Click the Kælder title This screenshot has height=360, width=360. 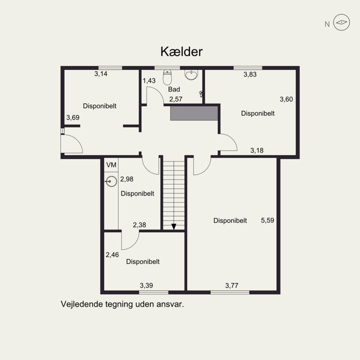click(x=181, y=52)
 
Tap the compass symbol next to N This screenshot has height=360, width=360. click(x=342, y=22)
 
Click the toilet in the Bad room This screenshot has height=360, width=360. click(x=167, y=77)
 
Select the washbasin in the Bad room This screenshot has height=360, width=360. click(x=191, y=75)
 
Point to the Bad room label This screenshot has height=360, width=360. click(x=174, y=89)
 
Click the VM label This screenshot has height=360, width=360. click(x=111, y=165)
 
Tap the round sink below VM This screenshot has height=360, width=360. click(x=111, y=181)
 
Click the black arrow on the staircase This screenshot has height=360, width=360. click(x=174, y=226)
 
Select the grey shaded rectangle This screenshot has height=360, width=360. click(x=194, y=113)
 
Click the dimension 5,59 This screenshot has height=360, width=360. click(x=267, y=220)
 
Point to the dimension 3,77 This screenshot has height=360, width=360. click(x=232, y=286)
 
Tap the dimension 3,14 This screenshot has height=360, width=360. click(x=101, y=74)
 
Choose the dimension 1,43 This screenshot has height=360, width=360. click(x=149, y=81)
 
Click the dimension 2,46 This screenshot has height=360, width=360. click(x=112, y=255)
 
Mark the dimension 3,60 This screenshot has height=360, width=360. click(x=286, y=99)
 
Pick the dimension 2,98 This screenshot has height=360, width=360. click(x=127, y=179)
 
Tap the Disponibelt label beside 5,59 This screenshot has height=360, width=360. click(x=230, y=220)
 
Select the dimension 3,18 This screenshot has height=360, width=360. click(x=257, y=150)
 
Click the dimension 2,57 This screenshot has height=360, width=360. click(x=176, y=99)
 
